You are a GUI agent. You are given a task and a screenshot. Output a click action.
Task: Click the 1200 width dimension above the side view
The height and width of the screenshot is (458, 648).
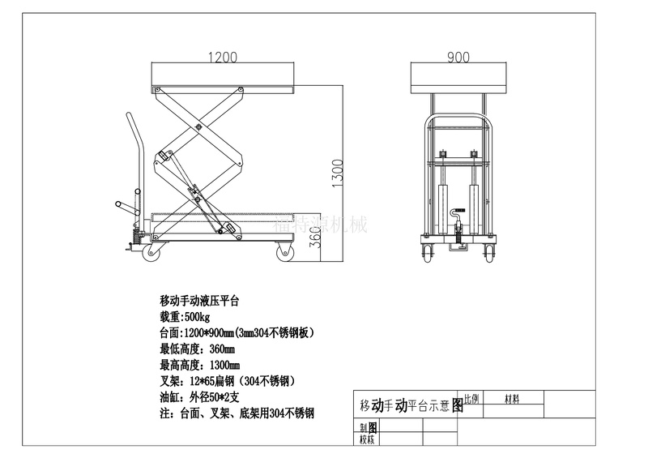223,58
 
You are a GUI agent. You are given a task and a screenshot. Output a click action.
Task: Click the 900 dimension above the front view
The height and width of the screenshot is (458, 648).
458,58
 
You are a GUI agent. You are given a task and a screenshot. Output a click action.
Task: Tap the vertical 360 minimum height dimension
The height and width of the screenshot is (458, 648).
318,237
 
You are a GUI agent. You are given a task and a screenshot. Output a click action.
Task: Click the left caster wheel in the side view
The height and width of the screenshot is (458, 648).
152,254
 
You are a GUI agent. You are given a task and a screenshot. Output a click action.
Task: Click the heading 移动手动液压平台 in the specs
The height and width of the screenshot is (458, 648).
199,300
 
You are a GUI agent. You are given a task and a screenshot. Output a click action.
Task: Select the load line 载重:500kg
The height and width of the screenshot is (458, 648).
185,316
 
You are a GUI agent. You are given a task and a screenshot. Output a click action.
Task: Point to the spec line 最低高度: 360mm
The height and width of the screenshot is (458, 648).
200,349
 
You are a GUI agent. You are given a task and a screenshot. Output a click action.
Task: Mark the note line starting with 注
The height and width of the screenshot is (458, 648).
237,413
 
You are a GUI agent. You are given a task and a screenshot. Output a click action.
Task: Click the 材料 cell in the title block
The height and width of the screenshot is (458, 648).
513,399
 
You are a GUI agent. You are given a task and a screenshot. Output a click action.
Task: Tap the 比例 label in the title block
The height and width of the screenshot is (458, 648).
471,399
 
